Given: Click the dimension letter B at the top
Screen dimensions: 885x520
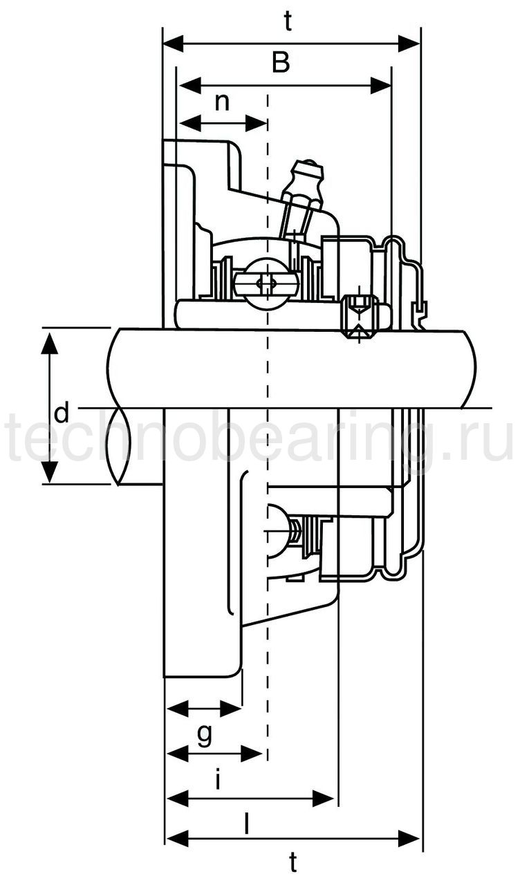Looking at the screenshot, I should click(x=280, y=64).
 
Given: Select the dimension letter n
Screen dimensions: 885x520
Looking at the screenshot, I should click(x=222, y=102).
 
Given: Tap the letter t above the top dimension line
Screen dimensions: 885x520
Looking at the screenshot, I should click(x=288, y=23).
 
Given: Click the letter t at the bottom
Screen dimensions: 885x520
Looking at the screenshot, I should click(x=293, y=862).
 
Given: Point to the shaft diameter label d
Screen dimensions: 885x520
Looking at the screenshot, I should click(x=62, y=414).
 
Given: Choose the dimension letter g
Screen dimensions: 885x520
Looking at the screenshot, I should click(x=205, y=734).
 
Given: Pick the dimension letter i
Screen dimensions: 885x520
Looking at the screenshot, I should click(x=218, y=781).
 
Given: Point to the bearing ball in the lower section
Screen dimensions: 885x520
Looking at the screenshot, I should click(x=277, y=529).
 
